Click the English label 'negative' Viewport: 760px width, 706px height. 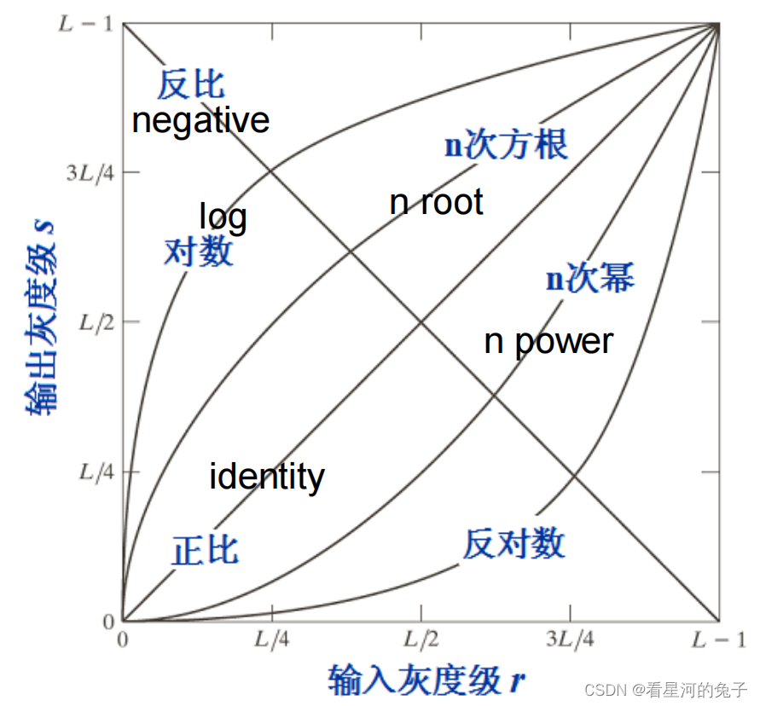point(200,120)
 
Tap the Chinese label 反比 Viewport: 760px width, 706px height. point(190,84)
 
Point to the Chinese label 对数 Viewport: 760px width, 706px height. point(198,251)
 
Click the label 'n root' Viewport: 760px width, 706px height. point(436,202)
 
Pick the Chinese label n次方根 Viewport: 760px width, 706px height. point(506,145)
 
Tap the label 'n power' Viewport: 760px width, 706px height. point(548,341)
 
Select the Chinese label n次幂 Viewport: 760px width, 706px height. point(590,279)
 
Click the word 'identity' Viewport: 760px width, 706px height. point(266,476)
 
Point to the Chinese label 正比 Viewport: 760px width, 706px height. point(205,550)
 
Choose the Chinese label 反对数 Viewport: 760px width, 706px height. point(513,543)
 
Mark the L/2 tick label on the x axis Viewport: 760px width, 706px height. point(421,639)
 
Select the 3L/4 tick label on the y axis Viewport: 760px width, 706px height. point(89,172)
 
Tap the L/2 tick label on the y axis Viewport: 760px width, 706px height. point(95,322)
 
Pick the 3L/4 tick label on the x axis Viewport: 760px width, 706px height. point(570,639)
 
